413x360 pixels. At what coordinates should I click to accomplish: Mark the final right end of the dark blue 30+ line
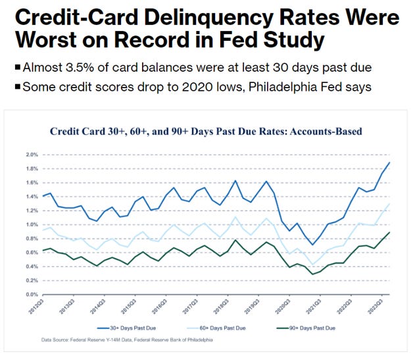[x=389, y=162]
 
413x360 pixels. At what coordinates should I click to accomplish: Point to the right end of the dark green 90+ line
[x=389, y=232]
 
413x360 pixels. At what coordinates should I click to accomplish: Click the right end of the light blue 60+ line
[x=389, y=203]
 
